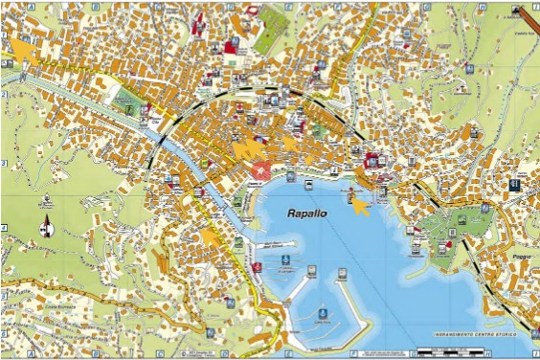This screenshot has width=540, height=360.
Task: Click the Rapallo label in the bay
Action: pos(307,214)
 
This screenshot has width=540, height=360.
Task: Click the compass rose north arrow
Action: pos(45,227)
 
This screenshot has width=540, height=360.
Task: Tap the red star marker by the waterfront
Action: pos(259,171)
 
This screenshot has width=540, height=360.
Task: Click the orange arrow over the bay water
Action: pos(359,205)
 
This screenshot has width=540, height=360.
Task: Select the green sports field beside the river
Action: pos(127,96)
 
